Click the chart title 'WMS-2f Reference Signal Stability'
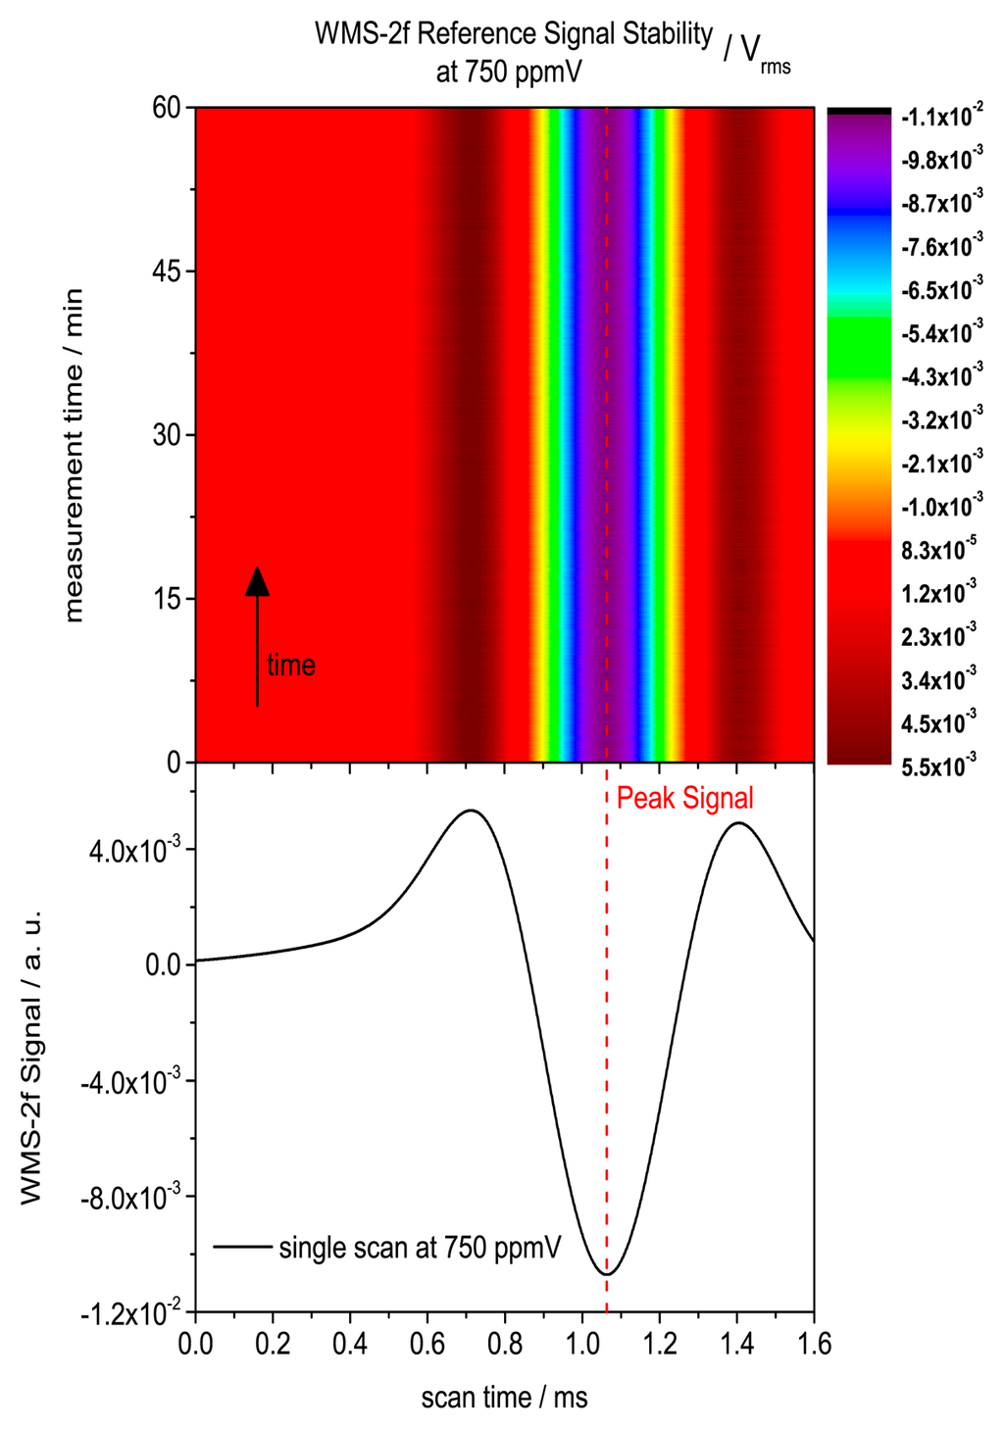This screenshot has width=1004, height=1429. pyautogui.click(x=513, y=34)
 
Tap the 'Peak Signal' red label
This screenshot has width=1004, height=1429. pyautogui.click(x=684, y=799)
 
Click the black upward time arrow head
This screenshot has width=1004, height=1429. pyautogui.click(x=257, y=581)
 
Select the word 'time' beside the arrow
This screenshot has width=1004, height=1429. pyautogui.click(x=291, y=665)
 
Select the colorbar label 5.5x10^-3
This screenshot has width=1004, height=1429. pyautogui.click(x=938, y=766)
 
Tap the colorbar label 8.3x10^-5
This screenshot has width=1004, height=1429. pyautogui.click(x=938, y=551)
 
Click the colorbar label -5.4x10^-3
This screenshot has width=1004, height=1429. pyautogui.click(x=941, y=334)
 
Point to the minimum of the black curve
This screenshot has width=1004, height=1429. pyautogui.click(x=608, y=1273)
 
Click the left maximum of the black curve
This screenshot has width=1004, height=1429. pyautogui.click(x=472, y=811)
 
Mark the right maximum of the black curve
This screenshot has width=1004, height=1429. pyautogui.click(x=738, y=823)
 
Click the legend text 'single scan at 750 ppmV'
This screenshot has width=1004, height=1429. pyautogui.click(x=420, y=1248)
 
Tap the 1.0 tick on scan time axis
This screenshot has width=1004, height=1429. pyautogui.click(x=583, y=1343)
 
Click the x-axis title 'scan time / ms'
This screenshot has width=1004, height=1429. pyautogui.click(x=504, y=1397)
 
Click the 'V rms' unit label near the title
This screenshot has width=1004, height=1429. pyautogui.click(x=757, y=54)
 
